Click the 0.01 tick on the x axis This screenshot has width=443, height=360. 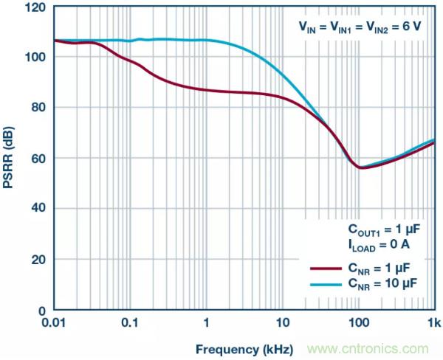[x=55, y=322]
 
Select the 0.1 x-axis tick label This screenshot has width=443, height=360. [x=131, y=322]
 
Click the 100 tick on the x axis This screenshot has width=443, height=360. [x=358, y=322]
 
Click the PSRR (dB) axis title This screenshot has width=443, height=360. [x=10, y=159]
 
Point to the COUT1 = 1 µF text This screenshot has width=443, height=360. [x=385, y=226]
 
